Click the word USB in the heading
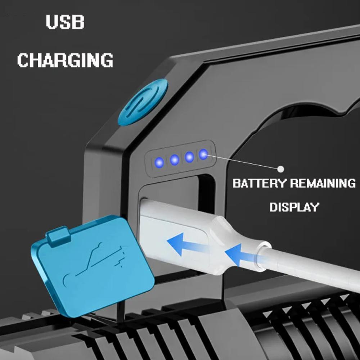(65, 22)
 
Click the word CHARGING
(65, 60)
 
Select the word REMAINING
(323, 183)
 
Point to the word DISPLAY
(294, 207)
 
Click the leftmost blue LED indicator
(159, 163)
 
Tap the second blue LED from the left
(175, 159)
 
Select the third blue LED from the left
(189, 157)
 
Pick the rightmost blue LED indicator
(203, 154)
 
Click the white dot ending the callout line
(280, 169)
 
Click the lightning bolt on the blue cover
(121, 257)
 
